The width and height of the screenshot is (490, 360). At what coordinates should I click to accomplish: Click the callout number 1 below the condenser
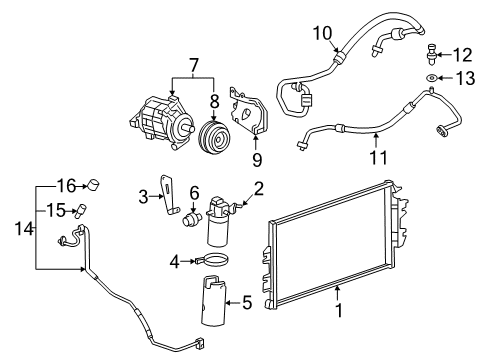point(339,338)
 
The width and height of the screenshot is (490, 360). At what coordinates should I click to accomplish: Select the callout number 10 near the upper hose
point(321,34)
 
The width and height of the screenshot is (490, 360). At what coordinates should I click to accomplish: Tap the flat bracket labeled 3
point(172,198)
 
